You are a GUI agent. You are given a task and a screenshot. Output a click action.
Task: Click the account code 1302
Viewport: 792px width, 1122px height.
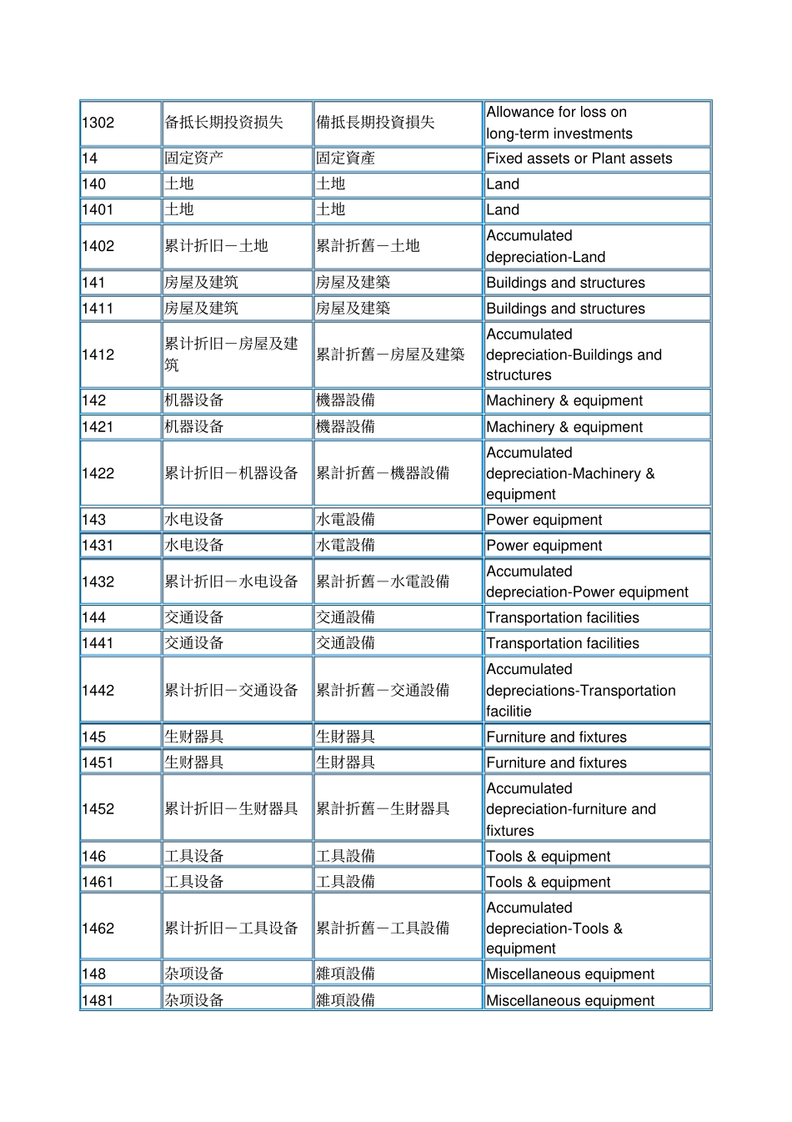click(98, 123)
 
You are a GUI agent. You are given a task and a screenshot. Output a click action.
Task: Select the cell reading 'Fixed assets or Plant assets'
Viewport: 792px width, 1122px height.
click(579, 158)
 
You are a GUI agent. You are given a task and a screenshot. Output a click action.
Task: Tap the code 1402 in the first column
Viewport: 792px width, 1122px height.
click(98, 246)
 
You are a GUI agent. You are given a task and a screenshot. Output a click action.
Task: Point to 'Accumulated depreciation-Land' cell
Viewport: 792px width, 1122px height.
click(546, 246)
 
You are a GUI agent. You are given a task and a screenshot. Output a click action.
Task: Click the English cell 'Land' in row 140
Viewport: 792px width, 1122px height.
click(503, 184)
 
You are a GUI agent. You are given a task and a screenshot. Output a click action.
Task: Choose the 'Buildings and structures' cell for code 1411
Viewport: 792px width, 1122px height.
click(565, 309)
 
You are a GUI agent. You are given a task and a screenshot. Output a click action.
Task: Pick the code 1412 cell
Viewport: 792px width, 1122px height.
click(98, 355)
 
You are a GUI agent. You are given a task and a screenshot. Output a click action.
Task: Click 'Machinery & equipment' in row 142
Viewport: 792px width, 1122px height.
click(564, 400)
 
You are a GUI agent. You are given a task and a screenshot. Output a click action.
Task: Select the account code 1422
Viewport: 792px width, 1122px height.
click(98, 473)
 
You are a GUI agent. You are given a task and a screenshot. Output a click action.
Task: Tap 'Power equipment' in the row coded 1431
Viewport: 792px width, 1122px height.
click(544, 546)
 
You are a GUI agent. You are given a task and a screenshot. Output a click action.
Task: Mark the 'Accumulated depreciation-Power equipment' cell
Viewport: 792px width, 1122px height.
click(587, 581)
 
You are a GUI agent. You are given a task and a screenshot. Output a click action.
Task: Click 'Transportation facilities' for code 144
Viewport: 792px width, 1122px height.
click(563, 617)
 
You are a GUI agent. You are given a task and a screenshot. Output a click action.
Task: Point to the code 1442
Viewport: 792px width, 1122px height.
click(98, 690)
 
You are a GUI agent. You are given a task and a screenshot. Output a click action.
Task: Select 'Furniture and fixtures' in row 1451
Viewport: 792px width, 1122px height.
click(556, 762)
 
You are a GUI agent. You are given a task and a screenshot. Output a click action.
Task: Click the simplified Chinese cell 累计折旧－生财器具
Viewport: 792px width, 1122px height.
click(231, 808)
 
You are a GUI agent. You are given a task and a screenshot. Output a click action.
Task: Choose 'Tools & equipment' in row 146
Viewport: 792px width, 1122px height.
click(548, 856)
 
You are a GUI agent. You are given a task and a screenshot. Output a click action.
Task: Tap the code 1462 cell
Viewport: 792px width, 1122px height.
click(98, 928)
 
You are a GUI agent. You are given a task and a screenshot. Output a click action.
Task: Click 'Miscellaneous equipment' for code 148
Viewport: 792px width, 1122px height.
click(570, 974)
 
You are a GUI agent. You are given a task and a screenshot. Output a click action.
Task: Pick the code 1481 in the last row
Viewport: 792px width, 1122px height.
click(98, 999)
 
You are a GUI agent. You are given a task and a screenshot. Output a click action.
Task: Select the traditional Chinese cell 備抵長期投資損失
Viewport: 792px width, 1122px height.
click(375, 123)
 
